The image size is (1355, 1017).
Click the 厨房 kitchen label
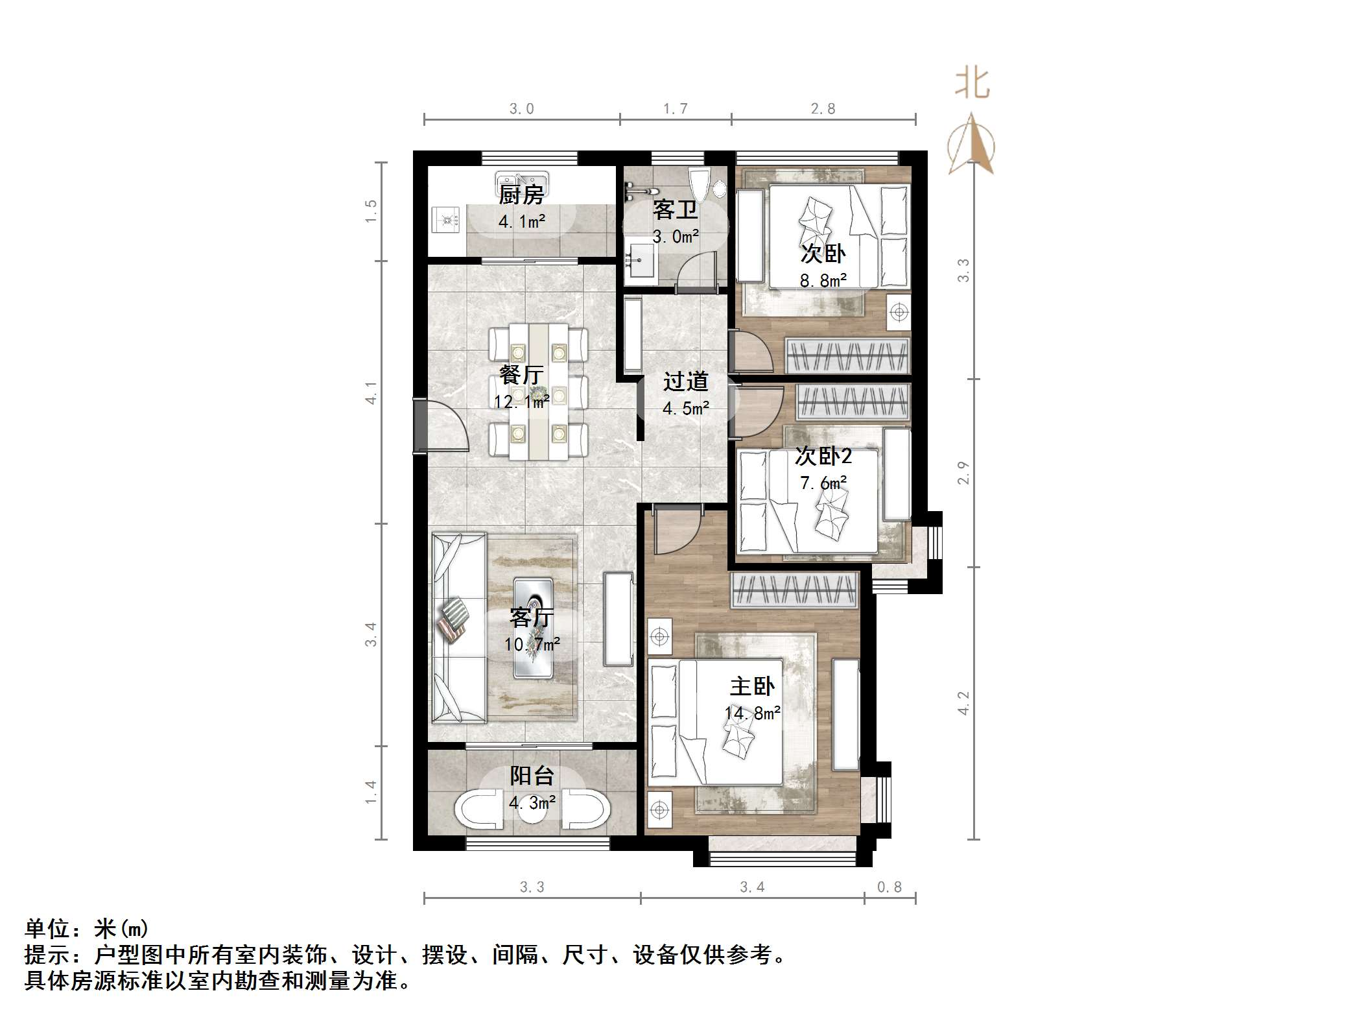[521, 194]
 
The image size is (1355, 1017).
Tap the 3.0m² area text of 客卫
[676, 237]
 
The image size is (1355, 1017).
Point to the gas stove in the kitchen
[445, 221]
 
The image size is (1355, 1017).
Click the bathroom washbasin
[641, 263]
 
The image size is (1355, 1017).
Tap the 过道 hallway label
[685, 381]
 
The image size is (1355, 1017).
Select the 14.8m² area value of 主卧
[752, 714]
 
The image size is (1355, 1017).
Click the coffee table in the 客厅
[533, 628]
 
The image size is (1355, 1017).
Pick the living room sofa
[459, 628]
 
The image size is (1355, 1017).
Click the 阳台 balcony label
[532, 775]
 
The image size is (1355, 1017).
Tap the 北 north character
[972, 84]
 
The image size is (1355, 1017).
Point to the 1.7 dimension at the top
[675, 109]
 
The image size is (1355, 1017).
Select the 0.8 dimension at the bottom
[889, 887]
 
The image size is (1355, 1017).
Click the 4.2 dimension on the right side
[963, 703]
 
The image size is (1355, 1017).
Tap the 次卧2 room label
[823, 457]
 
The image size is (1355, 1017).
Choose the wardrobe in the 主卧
[795, 590]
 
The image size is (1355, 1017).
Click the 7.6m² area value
[823, 483]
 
